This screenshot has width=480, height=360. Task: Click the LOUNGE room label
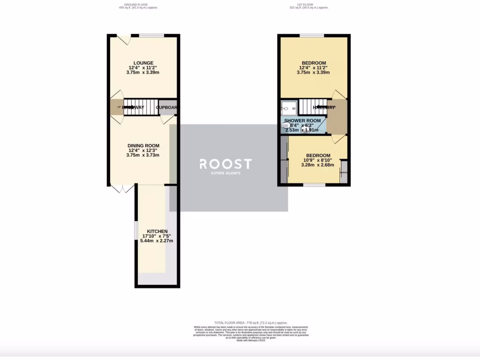[143, 63]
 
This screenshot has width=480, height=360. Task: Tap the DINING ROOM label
[143, 145]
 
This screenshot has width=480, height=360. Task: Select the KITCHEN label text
[157, 232]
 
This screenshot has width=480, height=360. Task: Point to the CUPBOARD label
[168, 107]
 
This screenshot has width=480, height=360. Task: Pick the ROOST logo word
[225, 164]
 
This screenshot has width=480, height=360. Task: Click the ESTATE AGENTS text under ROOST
[225, 173]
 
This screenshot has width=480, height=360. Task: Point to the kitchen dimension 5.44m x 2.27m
[157, 241]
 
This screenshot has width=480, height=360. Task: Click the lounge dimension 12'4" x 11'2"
[143, 67]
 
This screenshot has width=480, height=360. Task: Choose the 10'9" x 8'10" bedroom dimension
[318, 160]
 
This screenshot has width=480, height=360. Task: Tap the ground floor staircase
[141, 107]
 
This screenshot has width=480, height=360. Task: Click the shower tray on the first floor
[289, 108]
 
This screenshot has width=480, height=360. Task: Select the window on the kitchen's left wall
[136, 230]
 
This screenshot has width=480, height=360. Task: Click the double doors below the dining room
[122, 189]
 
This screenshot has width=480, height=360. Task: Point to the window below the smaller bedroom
[314, 185]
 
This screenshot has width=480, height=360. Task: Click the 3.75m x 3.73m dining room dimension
[143, 155]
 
